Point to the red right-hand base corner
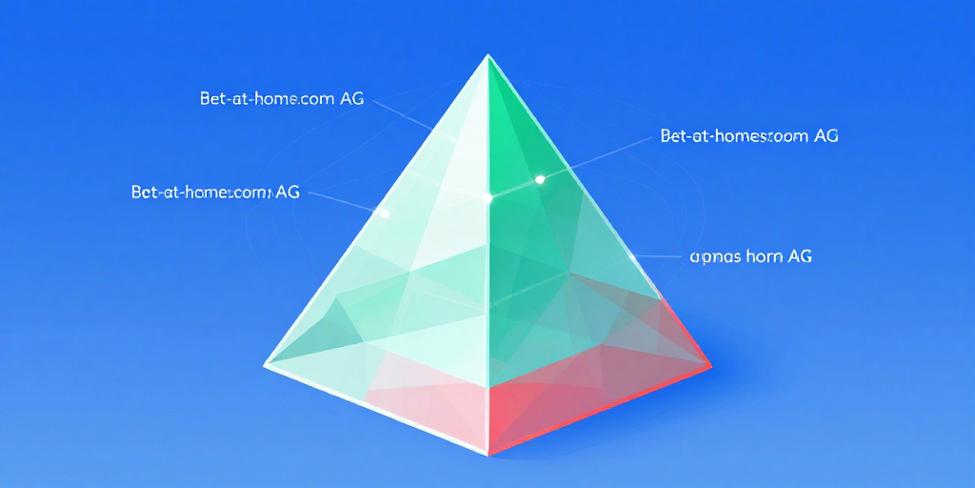tap(710, 363)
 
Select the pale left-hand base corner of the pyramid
tap(266, 363)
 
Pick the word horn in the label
tap(764, 256)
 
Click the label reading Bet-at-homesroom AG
tap(748, 136)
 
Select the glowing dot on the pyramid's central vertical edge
tap(488, 198)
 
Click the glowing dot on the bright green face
tap(540, 179)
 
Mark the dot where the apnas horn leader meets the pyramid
tap(632, 255)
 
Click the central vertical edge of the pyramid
tap(487, 286)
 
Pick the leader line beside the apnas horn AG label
tap(657, 256)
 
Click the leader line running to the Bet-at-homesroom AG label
tap(600, 156)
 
